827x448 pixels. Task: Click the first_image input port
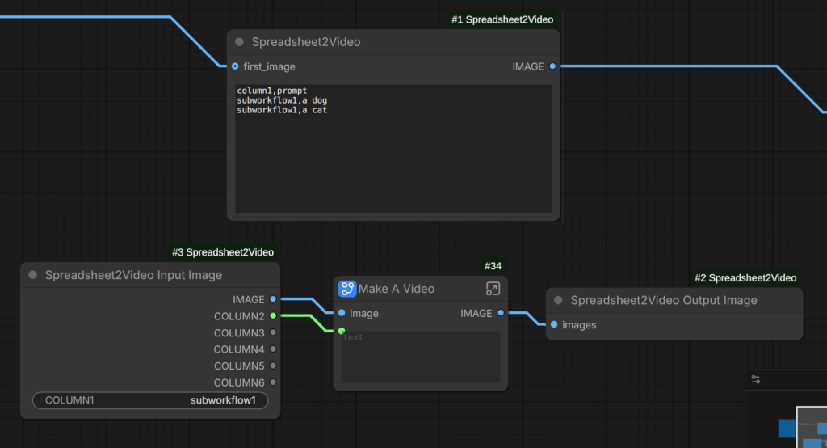point(235,66)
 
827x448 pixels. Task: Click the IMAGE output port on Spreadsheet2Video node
point(552,66)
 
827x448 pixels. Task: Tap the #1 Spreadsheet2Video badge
point(502,19)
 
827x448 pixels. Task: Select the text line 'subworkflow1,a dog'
point(282,100)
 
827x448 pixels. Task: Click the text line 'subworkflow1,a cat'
point(282,110)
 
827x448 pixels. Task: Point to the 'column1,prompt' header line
point(271,91)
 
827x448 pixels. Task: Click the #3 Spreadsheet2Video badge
point(223,252)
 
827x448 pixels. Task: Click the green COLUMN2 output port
point(273,316)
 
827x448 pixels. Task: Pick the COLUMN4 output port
point(273,349)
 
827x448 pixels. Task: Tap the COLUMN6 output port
point(273,382)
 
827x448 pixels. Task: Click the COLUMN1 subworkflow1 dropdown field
point(150,400)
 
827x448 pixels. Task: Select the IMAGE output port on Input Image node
point(273,299)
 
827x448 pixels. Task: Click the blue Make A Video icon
point(347,289)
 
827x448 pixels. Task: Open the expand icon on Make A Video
point(493,289)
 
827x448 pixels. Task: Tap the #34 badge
point(493,266)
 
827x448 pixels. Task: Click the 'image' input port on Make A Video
point(342,313)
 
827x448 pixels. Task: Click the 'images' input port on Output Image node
point(554,324)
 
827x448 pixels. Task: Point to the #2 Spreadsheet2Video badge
point(745,278)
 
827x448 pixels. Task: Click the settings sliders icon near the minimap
point(756,379)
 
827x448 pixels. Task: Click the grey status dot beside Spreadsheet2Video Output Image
point(558,300)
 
